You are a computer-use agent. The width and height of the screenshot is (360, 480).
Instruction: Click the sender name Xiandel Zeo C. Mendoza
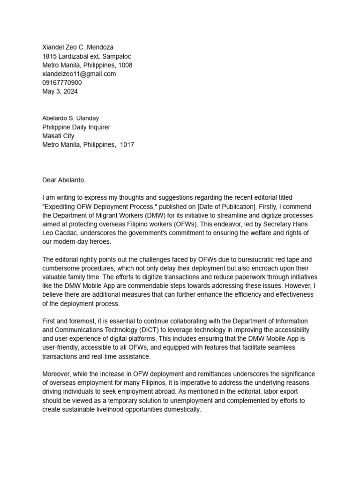click(78, 47)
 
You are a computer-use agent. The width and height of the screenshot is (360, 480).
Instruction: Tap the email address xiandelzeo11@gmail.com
click(79, 74)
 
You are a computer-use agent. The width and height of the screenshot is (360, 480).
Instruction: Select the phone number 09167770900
click(62, 83)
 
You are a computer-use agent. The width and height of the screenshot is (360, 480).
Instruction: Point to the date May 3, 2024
click(60, 92)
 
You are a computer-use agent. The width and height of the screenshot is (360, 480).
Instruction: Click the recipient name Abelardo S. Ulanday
click(71, 118)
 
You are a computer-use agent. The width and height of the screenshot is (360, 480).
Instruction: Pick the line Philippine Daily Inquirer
click(76, 127)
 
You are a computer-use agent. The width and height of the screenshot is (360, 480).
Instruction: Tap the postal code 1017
click(127, 145)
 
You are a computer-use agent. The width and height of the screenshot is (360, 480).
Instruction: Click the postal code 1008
click(125, 65)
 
